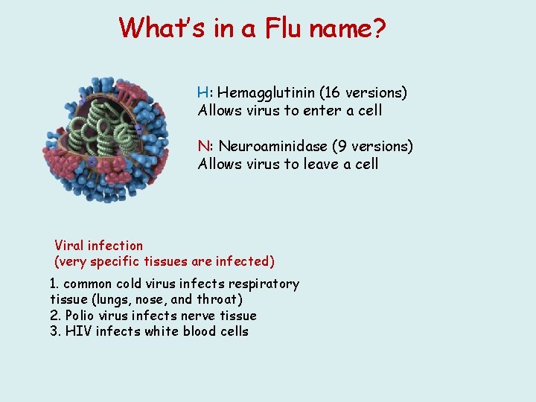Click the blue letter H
(x=202, y=93)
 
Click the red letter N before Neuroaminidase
(x=202, y=147)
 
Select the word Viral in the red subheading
(x=69, y=246)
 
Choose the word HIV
(x=78, y=331)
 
